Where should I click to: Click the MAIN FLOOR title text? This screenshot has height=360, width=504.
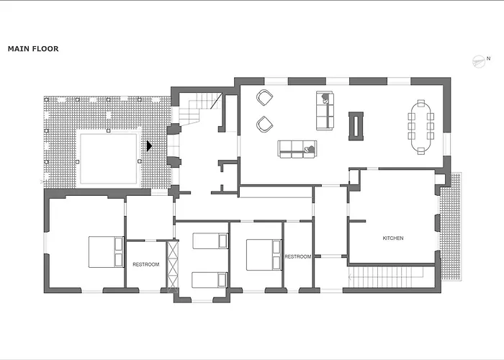33,49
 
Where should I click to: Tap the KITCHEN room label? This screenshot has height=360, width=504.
393,238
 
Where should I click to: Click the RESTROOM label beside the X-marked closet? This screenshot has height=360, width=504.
146,264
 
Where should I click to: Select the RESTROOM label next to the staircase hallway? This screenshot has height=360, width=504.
298,256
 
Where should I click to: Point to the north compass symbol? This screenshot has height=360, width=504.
479,61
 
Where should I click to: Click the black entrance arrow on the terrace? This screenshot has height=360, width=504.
149,146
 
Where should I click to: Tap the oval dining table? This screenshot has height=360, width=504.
420,127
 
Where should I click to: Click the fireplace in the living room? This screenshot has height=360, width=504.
356,126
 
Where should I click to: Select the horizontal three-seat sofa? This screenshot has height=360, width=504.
297,149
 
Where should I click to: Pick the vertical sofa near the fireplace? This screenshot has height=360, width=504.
325,111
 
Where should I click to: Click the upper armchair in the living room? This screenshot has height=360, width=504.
264,98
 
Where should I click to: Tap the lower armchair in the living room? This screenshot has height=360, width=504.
264,124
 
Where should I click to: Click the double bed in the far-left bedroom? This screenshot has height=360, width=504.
107,252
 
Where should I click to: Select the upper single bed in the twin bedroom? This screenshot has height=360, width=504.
210,240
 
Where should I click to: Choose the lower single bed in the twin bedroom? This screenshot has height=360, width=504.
210,280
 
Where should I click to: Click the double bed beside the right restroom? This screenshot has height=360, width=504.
264,255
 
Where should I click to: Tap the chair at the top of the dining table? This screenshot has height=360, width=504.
420,104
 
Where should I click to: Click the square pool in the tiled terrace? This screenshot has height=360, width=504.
108,158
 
